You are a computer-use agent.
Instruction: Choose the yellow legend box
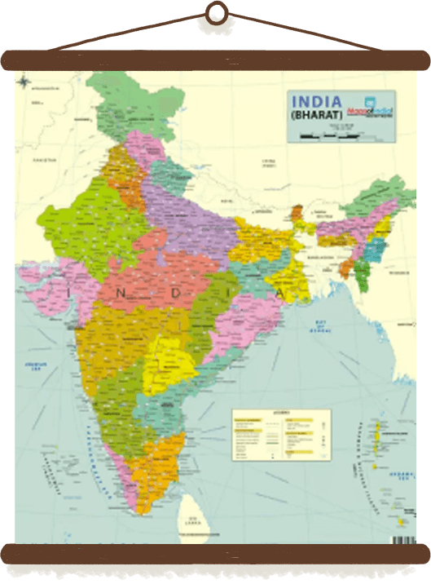pyautogui.click(x=281, y=431)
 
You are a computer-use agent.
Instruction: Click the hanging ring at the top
pyautogui.click(x=216, y=11)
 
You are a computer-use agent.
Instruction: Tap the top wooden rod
pyautogui.click(x=215, y=60)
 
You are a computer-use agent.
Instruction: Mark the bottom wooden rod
pyautogui.click(x=215, y=553)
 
